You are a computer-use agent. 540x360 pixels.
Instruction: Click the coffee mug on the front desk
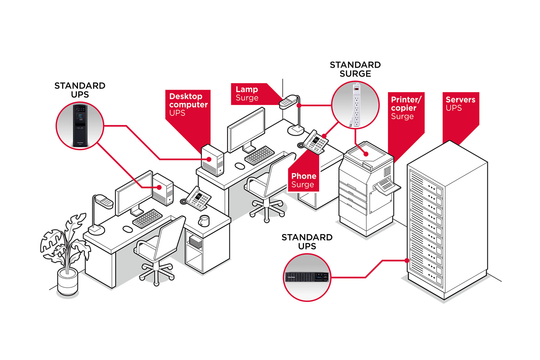(x=204, y=220)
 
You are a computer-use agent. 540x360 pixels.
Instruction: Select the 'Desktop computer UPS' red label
(x=188, y=105)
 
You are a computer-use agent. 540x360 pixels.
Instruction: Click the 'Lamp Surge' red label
(x=247, y=94)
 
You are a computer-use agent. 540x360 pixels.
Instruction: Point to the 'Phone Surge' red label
(x=303, y=180)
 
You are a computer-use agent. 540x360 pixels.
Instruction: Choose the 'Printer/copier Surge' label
(x=405, y=108)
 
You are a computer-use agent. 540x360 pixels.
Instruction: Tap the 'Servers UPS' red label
(x=461, y=104)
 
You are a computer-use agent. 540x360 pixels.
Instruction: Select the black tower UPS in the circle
(x=80, y=126)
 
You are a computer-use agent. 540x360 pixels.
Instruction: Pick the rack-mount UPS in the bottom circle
(x=307, y=277)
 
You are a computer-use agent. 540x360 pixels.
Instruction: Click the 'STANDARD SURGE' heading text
(x=355, y=69)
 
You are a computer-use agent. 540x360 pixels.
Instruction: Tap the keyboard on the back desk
(x=259, y=155)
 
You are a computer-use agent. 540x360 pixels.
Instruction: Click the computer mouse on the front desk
(x=128, y=229)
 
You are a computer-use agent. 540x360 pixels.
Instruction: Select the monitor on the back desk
(x=246, y=130)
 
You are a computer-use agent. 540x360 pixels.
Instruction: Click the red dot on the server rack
(x=407, y=261)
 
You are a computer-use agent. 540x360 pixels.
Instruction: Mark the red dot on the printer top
(x=366, y=154)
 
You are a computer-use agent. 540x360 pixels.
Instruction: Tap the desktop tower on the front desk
(x=163, y=189)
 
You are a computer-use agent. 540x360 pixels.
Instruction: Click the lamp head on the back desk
(x=288, y=102)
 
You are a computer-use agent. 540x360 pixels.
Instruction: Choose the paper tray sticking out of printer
(x=387, y=187)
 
